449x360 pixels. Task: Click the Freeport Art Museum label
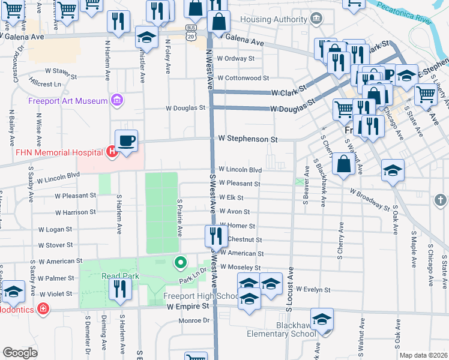click(67, 100)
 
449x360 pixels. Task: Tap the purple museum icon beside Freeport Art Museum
click(116, 100)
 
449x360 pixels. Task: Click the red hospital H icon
click(111, 152)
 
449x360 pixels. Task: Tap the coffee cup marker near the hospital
click(126, 142)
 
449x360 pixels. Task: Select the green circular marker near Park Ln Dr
click(179, 262)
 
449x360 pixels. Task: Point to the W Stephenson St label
click(248, 139)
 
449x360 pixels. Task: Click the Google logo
click(20, 353)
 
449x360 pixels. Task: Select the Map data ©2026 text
click(423, 355)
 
